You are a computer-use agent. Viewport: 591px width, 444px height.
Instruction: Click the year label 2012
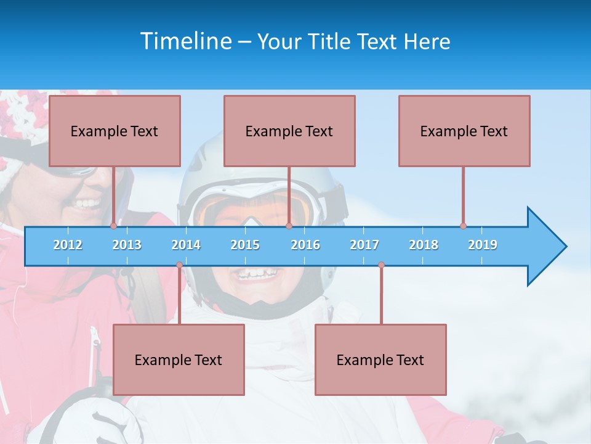point(68,245)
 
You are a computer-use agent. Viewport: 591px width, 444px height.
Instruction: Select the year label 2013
point(127,245)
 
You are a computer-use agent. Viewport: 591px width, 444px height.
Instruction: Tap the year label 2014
point(186,245)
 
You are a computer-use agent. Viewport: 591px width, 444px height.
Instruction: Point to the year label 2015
point(245,245)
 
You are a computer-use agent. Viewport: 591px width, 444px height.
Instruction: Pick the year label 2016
point(305,245)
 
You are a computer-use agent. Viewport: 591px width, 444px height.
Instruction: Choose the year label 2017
point(364,245)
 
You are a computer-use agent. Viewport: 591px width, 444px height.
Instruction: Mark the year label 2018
point(424,245)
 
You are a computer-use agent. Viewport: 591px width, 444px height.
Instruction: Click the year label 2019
point(483,245)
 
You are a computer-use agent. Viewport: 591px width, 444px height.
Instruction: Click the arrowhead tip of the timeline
point(565,247)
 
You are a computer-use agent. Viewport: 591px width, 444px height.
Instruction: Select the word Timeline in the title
point(185,41)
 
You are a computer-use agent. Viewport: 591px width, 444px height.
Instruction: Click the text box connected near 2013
point(115,131)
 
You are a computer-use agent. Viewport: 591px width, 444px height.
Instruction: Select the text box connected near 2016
point(289,131)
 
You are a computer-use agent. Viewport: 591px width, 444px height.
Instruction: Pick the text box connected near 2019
point(464,131)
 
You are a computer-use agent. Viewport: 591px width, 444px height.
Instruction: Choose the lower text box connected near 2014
point(179,360)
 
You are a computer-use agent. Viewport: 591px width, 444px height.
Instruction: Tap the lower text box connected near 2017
point(380,360)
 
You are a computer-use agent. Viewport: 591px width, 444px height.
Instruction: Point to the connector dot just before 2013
point(113,226)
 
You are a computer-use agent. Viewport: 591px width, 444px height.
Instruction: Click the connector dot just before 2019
point(463,226)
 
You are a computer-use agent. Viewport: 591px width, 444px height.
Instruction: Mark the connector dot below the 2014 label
point(179,265)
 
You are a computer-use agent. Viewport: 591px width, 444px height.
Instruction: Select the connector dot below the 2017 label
point(381,265)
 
